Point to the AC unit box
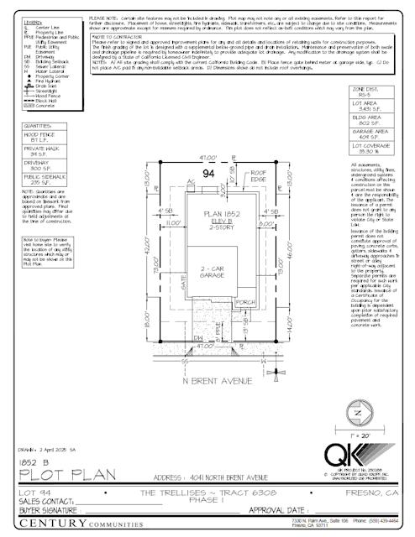(x=192, y=185)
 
